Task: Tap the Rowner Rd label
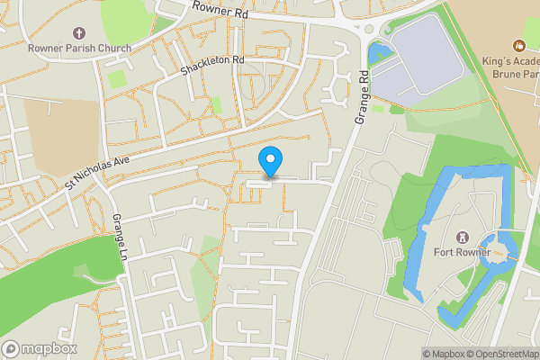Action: pyautogui.click(x=220, y=10)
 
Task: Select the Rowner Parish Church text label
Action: pyautogui.click(x=79, y=48)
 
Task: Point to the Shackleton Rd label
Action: pyautogui.click(x=212, y=66)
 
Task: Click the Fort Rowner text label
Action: pyautogui.click(x=460, y=252)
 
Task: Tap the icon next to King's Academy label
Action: pyautogui.click(x=517, y=45)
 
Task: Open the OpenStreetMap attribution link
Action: pyautogui.click(x=502, y=353)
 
